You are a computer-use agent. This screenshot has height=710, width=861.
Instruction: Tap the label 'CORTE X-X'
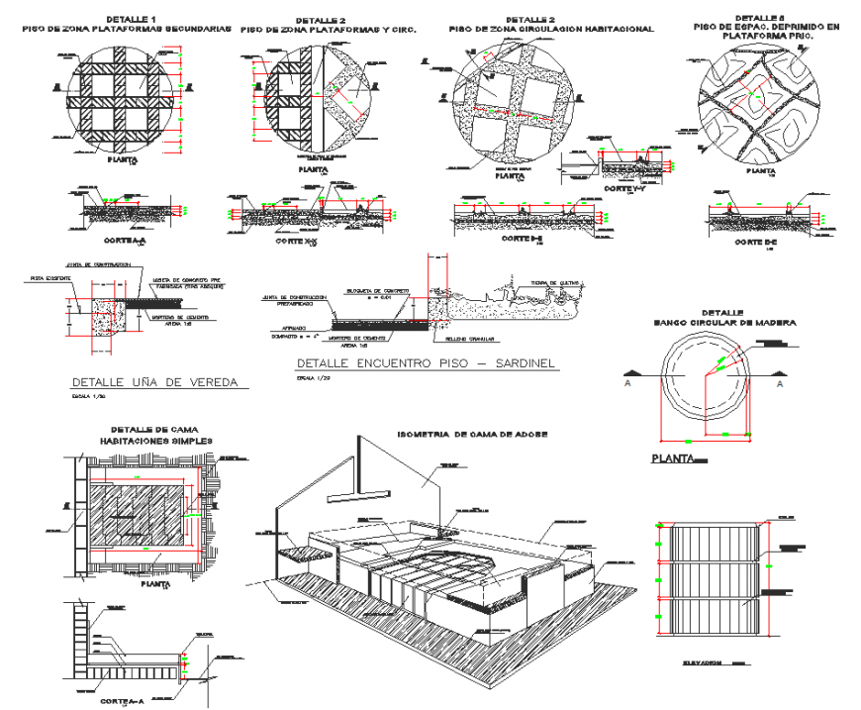(x=298, y=242)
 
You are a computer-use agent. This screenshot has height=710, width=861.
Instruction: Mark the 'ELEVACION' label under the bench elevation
(x=705, y=661)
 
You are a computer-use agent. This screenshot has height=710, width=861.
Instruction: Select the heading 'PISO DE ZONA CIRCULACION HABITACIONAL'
(x=550, y=30)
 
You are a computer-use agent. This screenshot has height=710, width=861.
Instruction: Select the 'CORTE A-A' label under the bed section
(x=124, y=700)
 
